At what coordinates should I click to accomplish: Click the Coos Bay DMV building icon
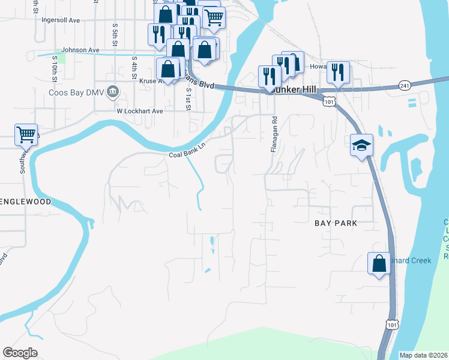click(x=114, y=92)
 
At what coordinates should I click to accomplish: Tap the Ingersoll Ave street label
click(x=61, y=20)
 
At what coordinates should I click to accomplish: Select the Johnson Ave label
click(x=80, y=50)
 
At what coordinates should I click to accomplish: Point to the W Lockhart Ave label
click(x=140, y=111)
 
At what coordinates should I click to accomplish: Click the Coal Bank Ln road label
click(x=187, y=154)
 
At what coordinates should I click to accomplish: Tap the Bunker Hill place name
click(x=294, y=88)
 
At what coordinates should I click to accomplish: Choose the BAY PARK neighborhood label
click(x=336, y=223)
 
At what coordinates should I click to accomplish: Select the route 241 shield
click(x=403, y=86)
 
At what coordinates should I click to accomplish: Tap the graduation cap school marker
click(x=361, y=145)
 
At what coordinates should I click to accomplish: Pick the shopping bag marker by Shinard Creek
click(x=379, y=263)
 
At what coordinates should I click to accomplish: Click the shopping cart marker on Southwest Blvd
click(x=26, y=135)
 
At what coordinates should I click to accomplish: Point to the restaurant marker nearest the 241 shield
click(x=338, y=73)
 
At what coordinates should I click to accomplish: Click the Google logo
click(x=20, y=353)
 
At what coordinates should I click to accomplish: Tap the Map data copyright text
click(x=423, y=355)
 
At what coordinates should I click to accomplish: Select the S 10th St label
click(x=54, y=68)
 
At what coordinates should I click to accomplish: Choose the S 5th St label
click(x=114, y=35)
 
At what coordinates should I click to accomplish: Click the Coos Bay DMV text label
click(x=77, y=93)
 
